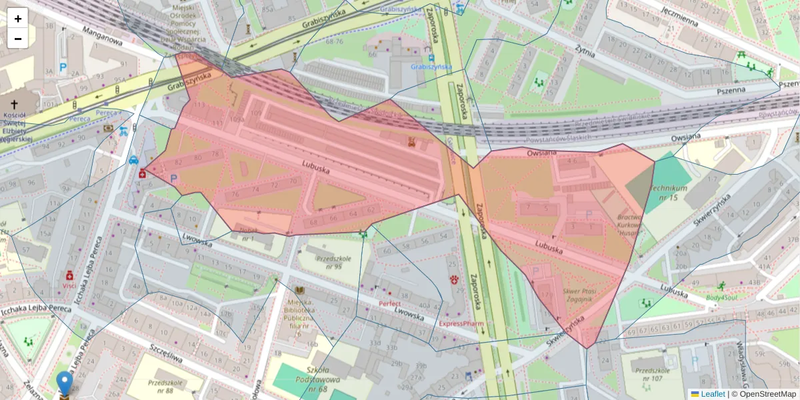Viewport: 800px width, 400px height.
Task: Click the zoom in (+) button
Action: point(18,19)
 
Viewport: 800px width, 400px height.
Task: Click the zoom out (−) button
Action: point(18,39)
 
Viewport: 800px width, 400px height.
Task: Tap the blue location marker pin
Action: point(65,384)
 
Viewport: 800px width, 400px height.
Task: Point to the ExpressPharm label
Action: point(461,323)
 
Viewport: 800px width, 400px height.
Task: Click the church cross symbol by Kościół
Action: point(15,105)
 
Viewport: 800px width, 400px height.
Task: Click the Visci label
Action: point(69,285)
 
